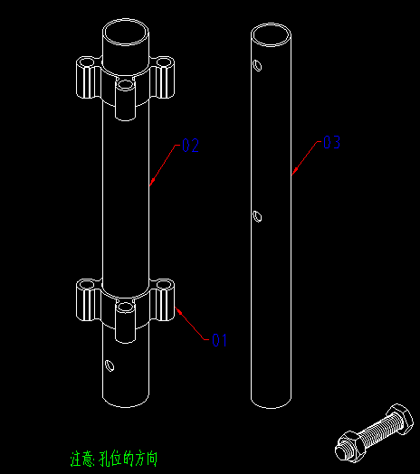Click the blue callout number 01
pyautogui.click(x=219, y=340)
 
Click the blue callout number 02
pyautogui.click(x=190, y=144)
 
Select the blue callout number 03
pyautogui.click(x=331, y=142)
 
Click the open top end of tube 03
pyautogui.click(x=272, y=36)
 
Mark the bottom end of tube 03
pyautogui.click(x=272, y=398)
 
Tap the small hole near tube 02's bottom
pyautogui.click(x=110, y=365)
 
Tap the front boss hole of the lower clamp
pyautogui.click(x=126, y=308)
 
